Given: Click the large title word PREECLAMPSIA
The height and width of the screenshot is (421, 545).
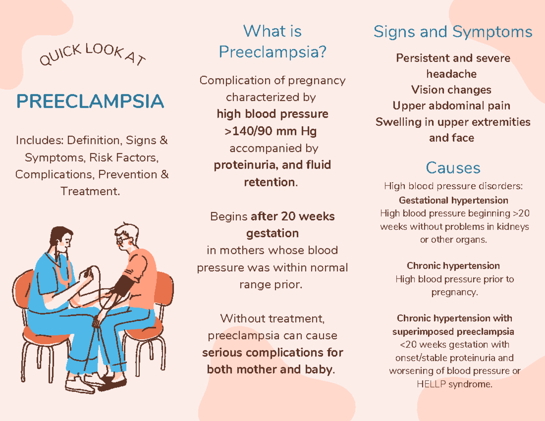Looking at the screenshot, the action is point(90,101).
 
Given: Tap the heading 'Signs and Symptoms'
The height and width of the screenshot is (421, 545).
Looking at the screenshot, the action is point(453,32).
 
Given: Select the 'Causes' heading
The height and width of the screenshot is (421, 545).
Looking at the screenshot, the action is point(453,168).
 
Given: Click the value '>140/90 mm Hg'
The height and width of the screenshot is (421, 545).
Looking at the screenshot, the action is point(271,131).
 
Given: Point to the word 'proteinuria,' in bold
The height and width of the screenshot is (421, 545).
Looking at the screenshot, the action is point(246,165).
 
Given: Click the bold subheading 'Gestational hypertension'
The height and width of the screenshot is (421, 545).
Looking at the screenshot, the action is point(453,200).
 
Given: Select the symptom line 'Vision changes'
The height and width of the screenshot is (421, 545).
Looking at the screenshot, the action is point(451,90).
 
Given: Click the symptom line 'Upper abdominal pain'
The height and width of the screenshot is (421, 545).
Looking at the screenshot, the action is point(451,106).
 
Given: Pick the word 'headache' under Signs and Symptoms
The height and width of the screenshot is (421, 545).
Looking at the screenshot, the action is point(451,74).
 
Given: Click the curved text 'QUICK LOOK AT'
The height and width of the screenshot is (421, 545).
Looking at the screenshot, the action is point(93,54).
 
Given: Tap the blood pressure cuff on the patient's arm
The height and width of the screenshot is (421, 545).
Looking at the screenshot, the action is point(123,285).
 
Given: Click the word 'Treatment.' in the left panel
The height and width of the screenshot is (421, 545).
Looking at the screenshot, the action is point(90,191).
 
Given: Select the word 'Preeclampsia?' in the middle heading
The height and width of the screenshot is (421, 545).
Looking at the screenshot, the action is point(272,52).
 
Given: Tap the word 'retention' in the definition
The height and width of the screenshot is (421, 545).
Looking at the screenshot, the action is point(269,182).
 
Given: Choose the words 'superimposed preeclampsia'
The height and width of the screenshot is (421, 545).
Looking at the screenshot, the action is point(453,332).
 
